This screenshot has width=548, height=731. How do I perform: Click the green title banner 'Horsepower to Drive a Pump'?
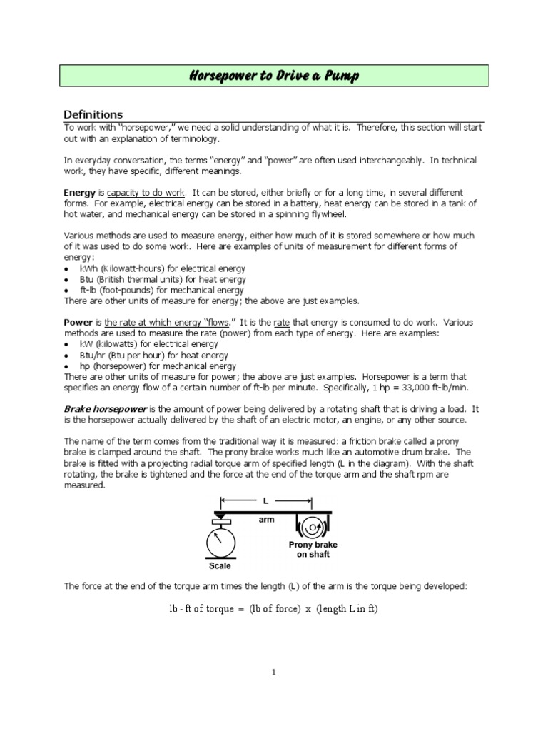click(274, 76)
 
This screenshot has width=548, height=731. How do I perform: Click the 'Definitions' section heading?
click(93, 115)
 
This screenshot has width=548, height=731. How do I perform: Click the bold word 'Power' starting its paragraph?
click(78, 323)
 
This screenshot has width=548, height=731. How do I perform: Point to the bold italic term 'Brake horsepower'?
click(106, 409)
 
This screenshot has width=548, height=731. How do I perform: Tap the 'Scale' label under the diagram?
click(220, 566)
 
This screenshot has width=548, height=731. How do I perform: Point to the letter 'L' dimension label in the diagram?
click(266, 500)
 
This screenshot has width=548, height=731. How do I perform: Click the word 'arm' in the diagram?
click(265, 520)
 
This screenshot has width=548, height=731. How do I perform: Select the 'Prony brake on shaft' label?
click(313, 549)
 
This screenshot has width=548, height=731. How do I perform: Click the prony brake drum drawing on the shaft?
click(313, 527)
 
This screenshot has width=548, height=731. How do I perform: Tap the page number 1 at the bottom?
click(273, 672)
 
